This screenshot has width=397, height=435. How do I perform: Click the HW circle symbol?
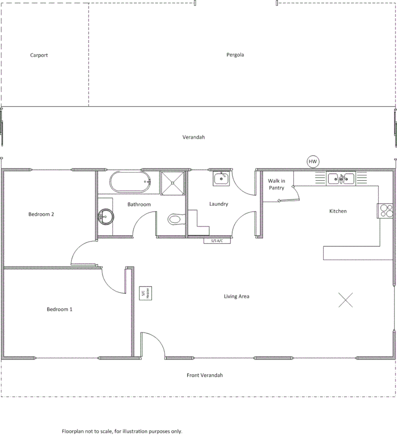[x=313, y=162]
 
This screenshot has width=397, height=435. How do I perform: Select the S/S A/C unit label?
[x=214, y=241]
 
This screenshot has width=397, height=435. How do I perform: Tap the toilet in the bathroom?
[x=176, y=220]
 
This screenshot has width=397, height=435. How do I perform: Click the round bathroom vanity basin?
[x=106, y=217]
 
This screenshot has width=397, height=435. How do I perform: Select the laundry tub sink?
[x=221, y=178]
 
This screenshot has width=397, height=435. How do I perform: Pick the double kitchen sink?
[x=341, y=178]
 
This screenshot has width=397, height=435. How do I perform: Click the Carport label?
[x=39, y=55]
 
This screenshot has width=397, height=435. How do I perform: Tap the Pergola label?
[x=235, y=55]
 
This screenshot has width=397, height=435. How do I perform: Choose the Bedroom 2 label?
[x=41, y=214]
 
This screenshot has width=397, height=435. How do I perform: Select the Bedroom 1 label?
[x=60, y=309]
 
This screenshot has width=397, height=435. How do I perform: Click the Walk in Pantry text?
[x=276, y=184]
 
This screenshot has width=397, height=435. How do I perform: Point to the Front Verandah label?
[x=205, y=375]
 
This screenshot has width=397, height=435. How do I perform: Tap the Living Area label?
[x=237, y=296]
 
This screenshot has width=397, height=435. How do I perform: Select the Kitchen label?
[x=338, y=211]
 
